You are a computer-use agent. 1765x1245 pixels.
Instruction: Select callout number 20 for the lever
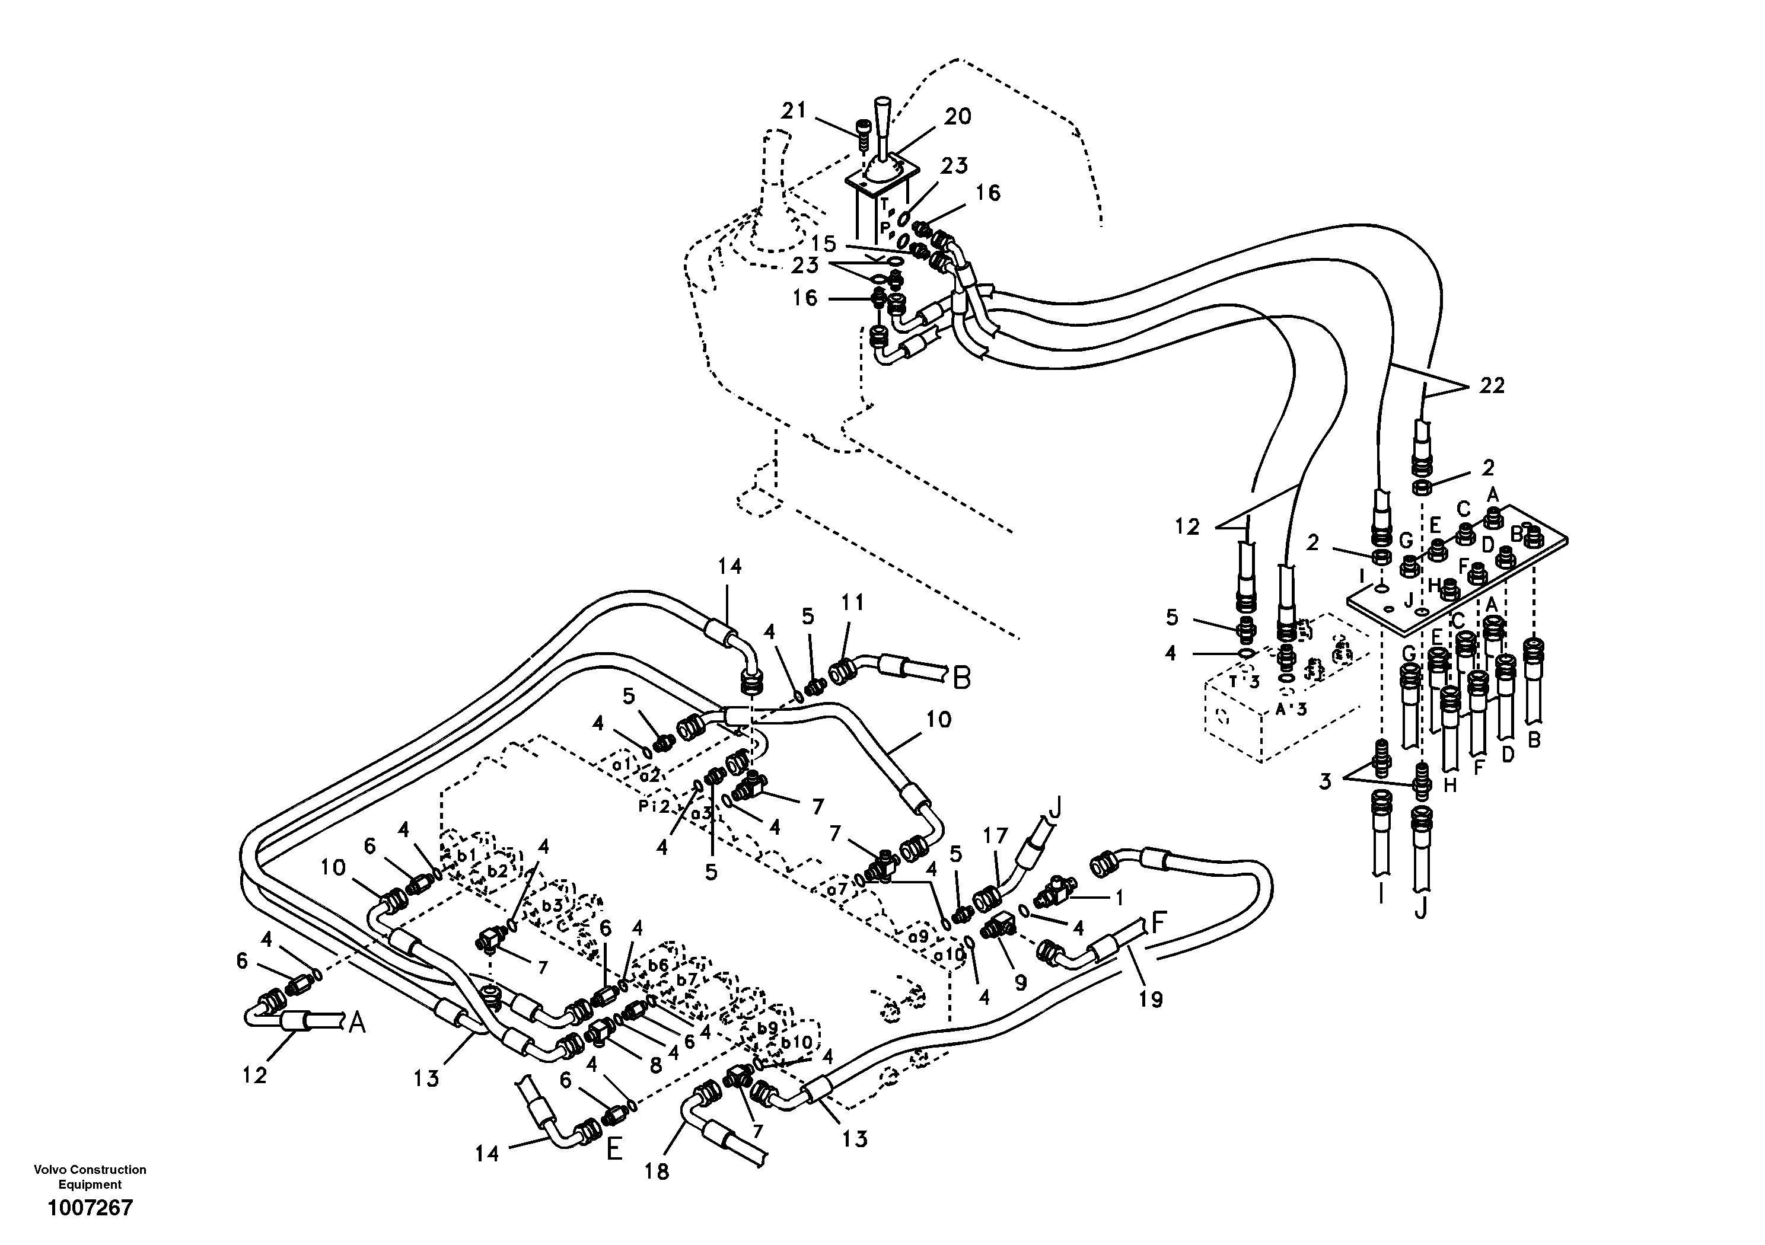click(x=957, y=117)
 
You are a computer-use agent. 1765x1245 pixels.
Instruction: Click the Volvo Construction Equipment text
click(x=90, y=1177)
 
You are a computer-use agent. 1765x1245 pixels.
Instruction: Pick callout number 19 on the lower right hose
click(x=1151, y=999)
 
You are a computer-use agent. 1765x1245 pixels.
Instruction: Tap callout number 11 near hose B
click(x=852, y=602)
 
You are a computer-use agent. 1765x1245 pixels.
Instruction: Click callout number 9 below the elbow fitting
click(x=1020, y=984)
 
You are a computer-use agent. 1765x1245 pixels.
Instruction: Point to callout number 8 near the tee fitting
click(x=655, y=1066)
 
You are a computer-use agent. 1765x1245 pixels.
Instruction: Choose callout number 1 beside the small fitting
click(x=1119, y=897)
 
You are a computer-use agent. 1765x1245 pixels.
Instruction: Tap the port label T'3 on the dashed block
click(x=1244, y=682)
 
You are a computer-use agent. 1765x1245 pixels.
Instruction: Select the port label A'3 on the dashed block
click(x=1291, y=709)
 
